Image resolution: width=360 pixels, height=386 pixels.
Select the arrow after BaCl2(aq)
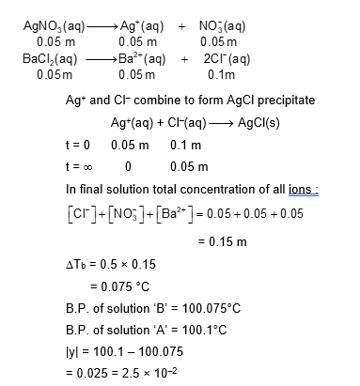(x=93, y=59)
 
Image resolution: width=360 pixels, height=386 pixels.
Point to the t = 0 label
(x=82, y=145)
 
